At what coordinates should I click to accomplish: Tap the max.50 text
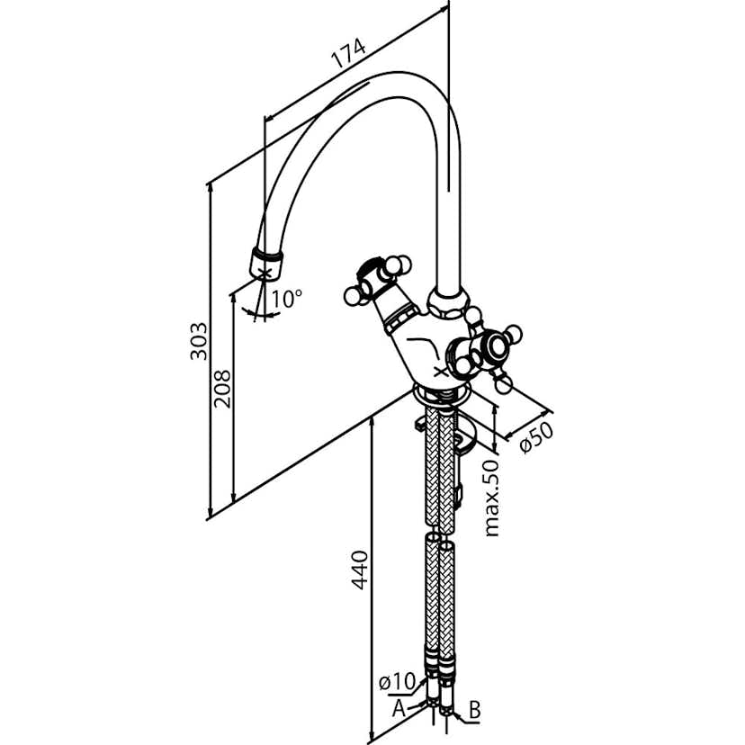coord(491,497)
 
